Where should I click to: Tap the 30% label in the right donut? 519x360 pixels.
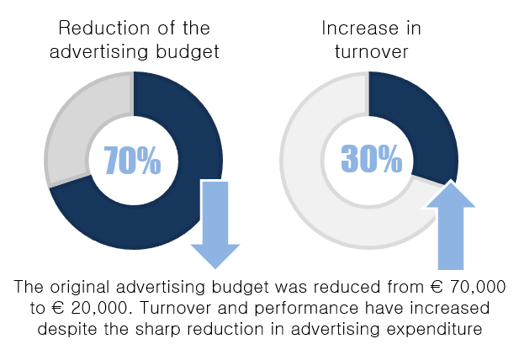point(371,157)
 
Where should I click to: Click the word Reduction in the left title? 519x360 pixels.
point(89,28)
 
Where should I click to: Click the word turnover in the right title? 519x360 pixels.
point(371,52)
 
